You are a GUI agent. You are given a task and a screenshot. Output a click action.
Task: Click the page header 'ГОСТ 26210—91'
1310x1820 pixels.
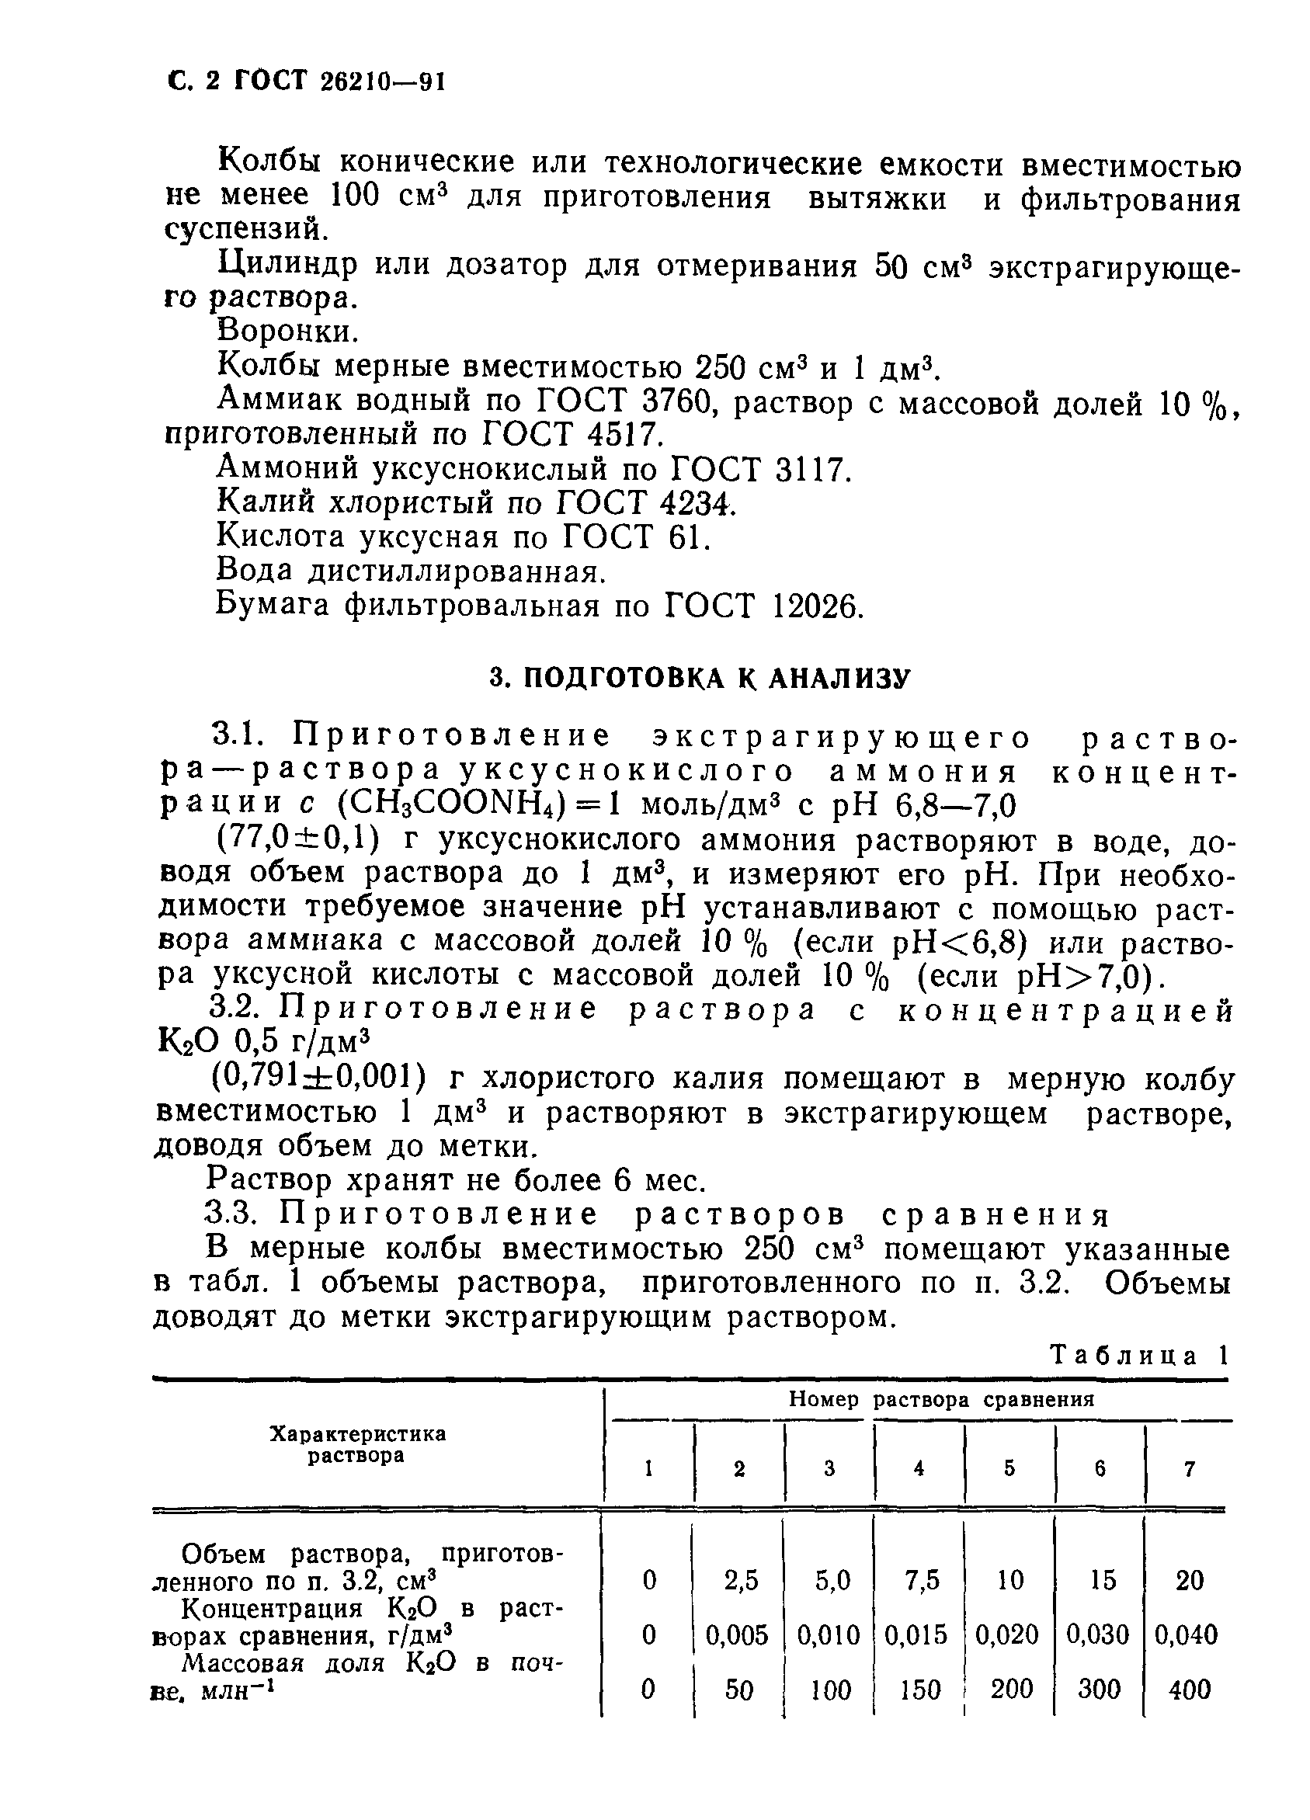point(337,82)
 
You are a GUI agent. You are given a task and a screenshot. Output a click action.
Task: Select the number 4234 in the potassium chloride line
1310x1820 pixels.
point(696,504)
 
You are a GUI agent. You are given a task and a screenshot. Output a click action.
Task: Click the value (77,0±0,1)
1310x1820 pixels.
point(294,840)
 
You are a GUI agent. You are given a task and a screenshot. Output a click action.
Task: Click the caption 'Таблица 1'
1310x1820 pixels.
point(1139,1356)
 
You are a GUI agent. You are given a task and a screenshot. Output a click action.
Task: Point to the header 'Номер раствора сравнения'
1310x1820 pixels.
point(940,1400)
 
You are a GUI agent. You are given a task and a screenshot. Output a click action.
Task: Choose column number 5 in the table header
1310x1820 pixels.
point(1009,1468)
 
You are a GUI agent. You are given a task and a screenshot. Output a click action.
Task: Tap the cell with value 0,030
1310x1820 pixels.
point(1097,1634)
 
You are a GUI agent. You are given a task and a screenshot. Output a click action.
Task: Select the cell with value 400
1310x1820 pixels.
point(1189,1690)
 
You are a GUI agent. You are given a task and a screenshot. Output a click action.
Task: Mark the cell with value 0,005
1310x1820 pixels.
point(737,1634)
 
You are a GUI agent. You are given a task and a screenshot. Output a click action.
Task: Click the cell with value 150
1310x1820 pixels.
point(919,1690)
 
